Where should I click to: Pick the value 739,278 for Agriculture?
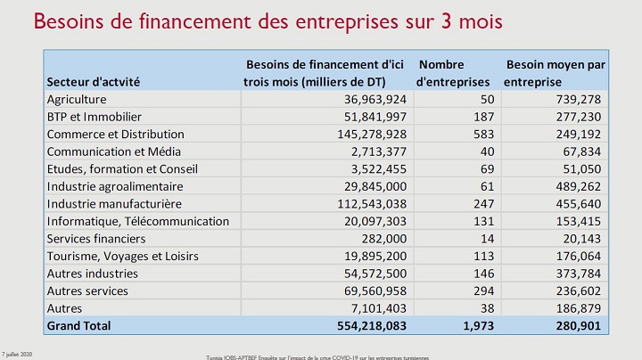click(x=577, y=99)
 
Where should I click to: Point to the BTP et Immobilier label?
click(x=94, y=117)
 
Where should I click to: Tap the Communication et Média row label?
click(x=101, y=151)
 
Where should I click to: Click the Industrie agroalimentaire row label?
click(x=114, y=186)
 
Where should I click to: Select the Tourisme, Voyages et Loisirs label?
click(x=122, y=256)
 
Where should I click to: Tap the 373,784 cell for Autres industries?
click(x=577, y=274)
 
